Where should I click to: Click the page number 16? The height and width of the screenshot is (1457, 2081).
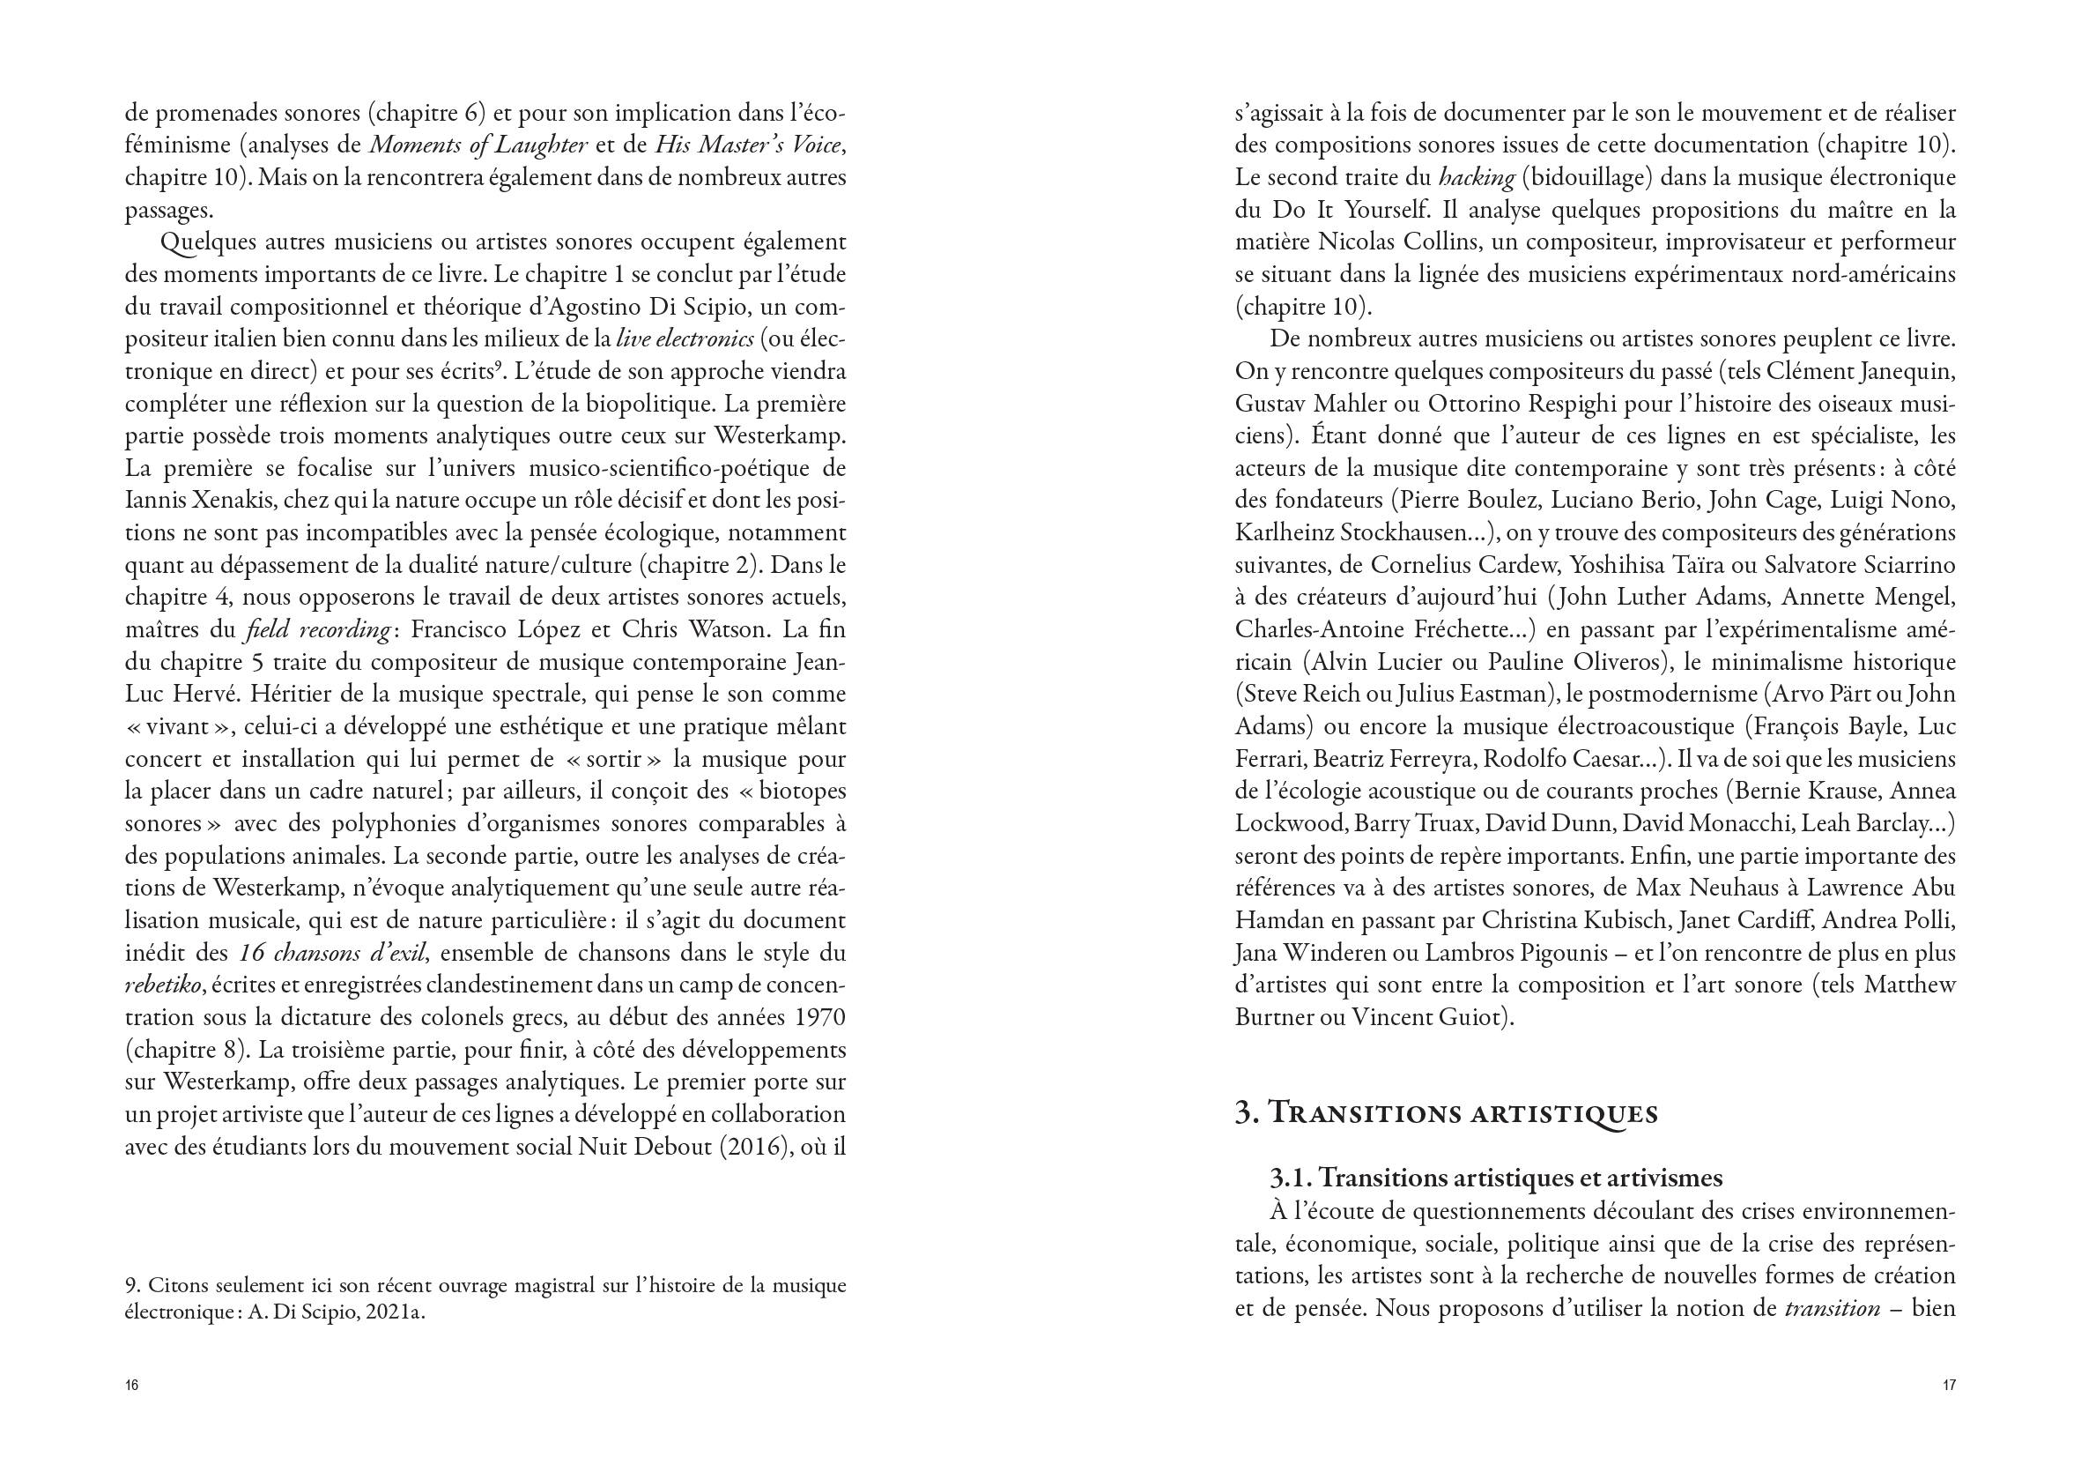click(x=131, y=1386)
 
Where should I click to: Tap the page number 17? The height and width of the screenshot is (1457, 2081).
click(x=1949, y=1386)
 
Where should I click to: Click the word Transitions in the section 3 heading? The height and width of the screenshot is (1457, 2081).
click(x=1362, y=1113)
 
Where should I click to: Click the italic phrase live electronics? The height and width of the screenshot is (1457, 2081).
click(x=685, y=339)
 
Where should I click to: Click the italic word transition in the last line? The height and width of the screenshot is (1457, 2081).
click(x=1831, y=1309)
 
